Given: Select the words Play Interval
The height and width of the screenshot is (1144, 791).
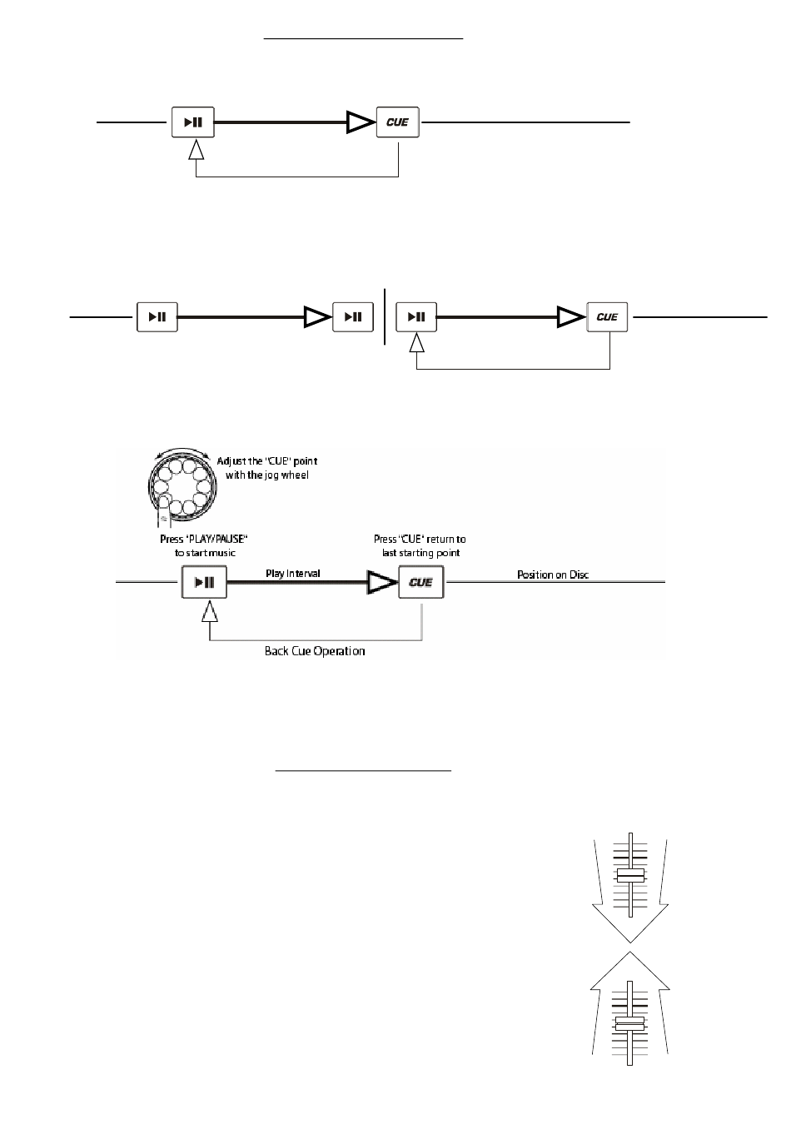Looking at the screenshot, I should click(292, 574).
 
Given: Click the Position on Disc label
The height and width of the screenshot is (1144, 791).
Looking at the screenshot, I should click(553, 574).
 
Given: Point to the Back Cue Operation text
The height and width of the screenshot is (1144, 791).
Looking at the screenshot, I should click(315, 651).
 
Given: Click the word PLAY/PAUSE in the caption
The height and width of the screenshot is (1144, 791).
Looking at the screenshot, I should click(215, 540).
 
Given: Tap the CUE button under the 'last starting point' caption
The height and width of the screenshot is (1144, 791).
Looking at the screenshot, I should click(420, 582).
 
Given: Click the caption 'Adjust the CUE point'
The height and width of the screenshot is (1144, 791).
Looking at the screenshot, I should click(266, 461).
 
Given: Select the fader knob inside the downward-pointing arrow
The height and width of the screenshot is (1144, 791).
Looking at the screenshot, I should click(630, 877).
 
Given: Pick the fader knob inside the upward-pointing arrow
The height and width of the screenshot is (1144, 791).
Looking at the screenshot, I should click(630, 1023).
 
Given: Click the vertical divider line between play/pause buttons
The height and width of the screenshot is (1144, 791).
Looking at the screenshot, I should click(386, 316).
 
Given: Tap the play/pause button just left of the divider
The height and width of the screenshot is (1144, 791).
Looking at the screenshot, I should click(353, 317).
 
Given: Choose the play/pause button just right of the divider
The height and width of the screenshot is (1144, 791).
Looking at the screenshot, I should click(416, 317).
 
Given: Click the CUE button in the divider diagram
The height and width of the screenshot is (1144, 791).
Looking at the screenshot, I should click(607, 317).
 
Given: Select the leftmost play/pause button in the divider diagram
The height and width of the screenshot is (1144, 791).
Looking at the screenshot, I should click(157, 317).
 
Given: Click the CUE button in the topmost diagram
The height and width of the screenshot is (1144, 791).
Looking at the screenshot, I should click(397, 122).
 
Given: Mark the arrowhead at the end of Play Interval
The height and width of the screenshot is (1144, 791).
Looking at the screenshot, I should click(382, 583).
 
